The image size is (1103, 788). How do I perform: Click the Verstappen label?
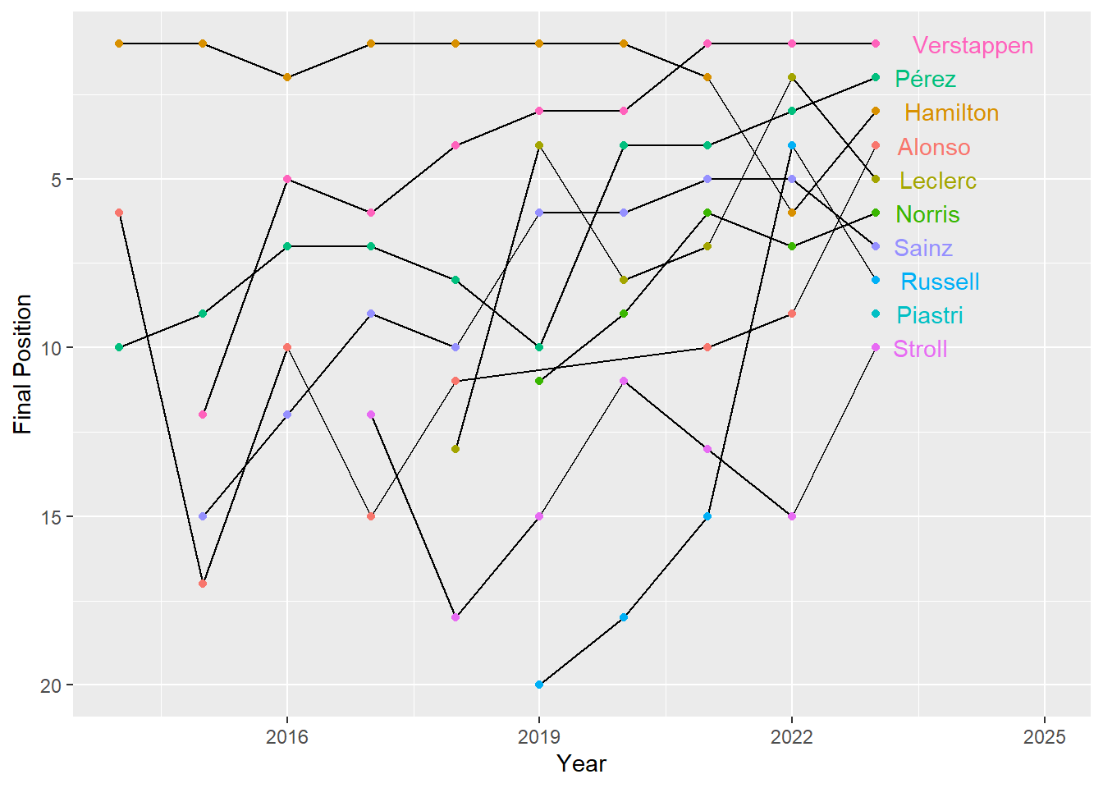coord(973,45)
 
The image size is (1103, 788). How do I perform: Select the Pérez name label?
coord(925,79)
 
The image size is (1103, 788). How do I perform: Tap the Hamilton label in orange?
coord(951,112)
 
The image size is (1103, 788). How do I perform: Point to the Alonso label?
coord(933,147)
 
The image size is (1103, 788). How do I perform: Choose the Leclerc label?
coord(937,181)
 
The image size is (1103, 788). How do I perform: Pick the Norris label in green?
coord(927,214)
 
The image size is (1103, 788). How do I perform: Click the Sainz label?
coord(922,248)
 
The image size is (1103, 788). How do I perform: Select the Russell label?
coord(940,282)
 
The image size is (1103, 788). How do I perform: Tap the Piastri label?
coord(929,315)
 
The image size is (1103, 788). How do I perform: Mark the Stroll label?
coord(920,349)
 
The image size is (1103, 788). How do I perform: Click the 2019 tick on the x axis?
coord(539,737)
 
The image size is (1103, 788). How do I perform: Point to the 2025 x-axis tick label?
coord(1044,737)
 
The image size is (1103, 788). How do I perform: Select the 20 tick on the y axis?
coord(51,685)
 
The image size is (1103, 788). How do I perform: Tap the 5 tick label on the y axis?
coord(57,180)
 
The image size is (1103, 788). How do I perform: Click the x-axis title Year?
coord(581,764)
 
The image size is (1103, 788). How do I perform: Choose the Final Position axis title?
coord(23,364)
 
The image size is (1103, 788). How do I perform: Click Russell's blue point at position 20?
coord(539,685)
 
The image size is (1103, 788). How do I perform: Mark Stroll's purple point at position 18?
coord(455,617)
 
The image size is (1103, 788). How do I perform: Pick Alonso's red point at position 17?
coord(203,584)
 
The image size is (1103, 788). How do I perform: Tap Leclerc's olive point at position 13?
coord(455,449)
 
